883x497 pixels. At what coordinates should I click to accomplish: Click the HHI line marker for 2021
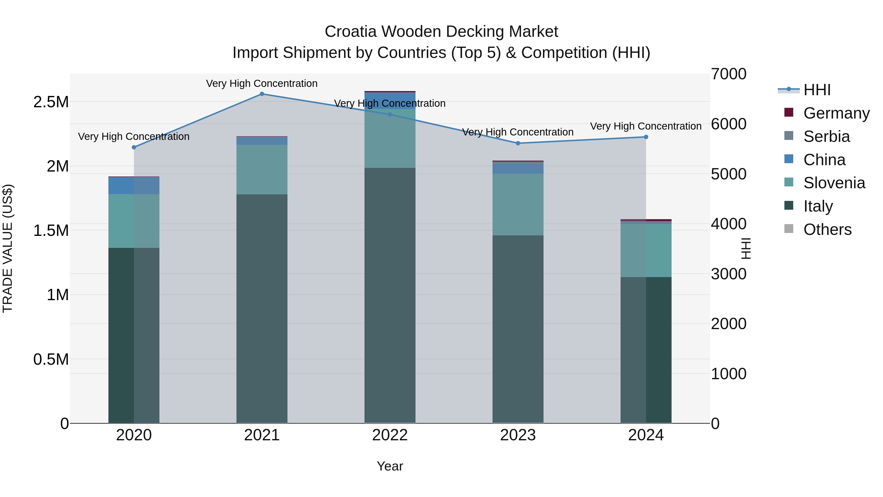pos(262,94)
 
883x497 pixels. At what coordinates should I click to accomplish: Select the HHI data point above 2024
pos(646,137)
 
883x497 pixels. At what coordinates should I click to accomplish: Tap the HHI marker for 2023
pos(518,143)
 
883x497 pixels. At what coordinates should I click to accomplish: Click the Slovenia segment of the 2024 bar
pos(646,250)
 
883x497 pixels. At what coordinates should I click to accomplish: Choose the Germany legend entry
pos(836,113)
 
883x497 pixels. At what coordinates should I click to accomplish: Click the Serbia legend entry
pos(826,136)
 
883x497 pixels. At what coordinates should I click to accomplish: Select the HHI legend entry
pos(817,90)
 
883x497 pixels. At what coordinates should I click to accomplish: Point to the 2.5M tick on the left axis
pos(51,102)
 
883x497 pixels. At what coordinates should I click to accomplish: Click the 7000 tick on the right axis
pos(728,74)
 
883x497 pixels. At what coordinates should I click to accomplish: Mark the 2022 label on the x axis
pos(390,435)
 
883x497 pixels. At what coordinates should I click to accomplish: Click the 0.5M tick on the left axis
pos(51,360)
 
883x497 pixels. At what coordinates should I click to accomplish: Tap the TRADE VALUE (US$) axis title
pos(8,248)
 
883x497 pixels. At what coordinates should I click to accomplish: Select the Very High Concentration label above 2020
pos(134,136)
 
